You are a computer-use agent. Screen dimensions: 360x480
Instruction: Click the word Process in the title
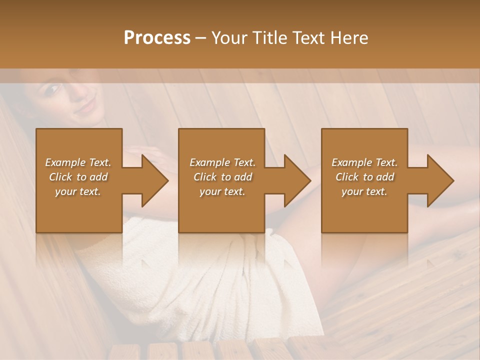(157, 38)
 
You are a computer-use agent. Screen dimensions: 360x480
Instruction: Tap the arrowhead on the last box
(439, 180)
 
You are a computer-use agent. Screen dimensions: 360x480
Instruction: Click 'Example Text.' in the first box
(78, 162)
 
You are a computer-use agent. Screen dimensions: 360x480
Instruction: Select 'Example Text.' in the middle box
(222, 162)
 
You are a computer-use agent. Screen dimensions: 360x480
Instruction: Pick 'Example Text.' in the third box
(364, 162)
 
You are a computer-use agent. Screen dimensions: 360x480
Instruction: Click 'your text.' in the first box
(78, 191)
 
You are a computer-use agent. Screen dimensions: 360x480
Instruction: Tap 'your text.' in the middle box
(222, 191)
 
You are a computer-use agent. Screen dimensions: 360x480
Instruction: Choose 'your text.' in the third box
(364, 191)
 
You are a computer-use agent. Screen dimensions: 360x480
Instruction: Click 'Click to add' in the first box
(78, 177)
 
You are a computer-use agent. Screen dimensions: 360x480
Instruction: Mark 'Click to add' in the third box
(364, 177)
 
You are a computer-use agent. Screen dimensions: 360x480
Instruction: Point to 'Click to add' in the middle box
(222, 177)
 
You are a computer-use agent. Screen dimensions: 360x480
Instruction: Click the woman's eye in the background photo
(51, 90)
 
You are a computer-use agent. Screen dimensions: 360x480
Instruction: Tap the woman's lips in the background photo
(85, 106)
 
